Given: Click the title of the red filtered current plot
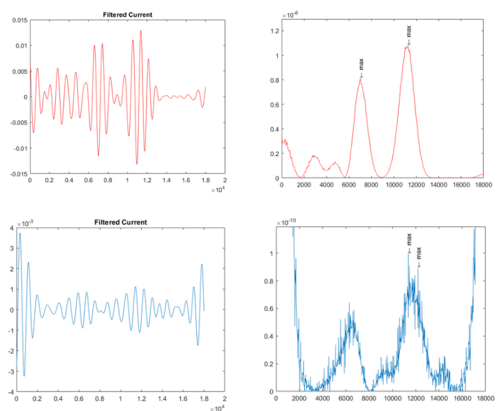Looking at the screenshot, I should [x=127, y=14].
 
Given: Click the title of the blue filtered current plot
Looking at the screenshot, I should [x=121, y=222].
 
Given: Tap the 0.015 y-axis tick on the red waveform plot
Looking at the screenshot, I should [x=18, y=20].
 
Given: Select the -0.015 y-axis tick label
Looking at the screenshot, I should [x=17, y=174].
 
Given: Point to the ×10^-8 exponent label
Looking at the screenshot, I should [x=289, y=15].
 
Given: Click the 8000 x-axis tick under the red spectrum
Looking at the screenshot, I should [x=371, y=185].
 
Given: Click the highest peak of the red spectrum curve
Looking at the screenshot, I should [x=407, y=47].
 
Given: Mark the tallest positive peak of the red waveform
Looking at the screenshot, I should [x=140, y=30].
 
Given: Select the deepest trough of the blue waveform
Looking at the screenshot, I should [x=24, y=376].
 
